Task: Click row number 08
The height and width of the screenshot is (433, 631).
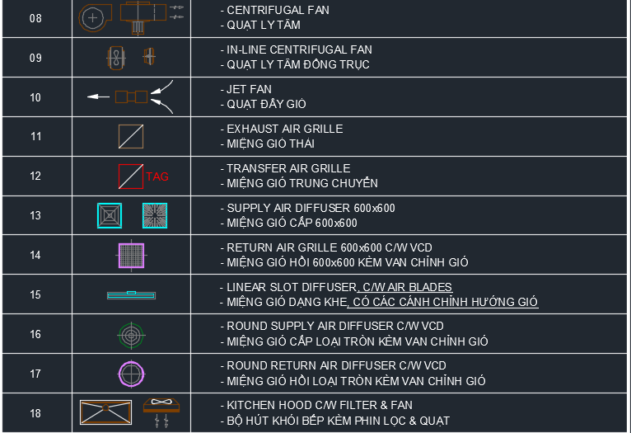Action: pos(35,18)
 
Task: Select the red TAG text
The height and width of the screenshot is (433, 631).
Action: pos(157,176)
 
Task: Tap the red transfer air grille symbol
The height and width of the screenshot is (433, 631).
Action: pos(131,176)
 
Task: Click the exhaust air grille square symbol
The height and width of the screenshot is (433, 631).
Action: pos(131,137)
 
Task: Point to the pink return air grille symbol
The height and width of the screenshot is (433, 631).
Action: pos(131,256)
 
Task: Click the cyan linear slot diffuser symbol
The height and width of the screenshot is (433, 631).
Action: pos(131,295)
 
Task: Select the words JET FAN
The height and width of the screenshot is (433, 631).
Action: pos(249,89)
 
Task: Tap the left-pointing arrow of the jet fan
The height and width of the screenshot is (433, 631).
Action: pos(98,96)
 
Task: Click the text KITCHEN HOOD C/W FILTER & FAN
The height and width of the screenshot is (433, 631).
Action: pos(320,405)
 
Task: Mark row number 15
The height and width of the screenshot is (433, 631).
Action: pos(35,294)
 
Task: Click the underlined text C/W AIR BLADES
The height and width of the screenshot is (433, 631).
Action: pos(407,287)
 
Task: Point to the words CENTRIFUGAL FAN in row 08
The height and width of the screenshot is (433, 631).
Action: pos(278,10)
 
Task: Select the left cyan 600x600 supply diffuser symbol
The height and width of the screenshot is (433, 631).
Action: pos(110,215)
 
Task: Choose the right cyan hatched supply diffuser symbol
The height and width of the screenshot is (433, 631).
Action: pos(155,215)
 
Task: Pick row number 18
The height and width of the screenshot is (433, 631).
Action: pos(35,414)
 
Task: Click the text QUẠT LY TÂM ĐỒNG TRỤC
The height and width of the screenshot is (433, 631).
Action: pos(298,64)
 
